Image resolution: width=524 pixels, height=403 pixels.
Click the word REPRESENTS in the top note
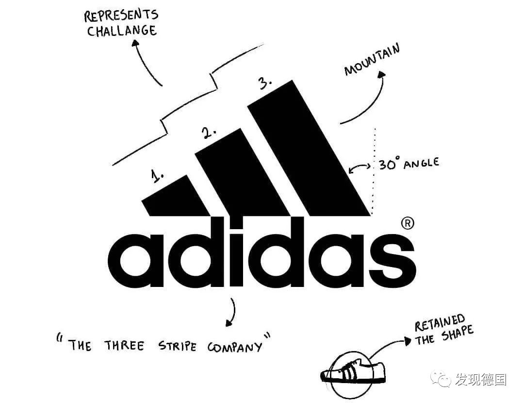tap(121, 16)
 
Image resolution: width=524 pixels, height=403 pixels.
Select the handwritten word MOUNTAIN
tap(372, 60)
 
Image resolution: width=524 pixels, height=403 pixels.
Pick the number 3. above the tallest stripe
tap(265, 84)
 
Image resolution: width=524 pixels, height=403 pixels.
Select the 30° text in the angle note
tap(388, 165)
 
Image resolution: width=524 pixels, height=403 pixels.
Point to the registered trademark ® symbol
tap(408, 223)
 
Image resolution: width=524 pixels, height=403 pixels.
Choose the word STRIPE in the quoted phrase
tap(178, 346)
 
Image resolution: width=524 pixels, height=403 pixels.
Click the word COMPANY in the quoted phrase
tap(235, 347)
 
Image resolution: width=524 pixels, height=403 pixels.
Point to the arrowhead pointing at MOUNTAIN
tap(381, 74)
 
